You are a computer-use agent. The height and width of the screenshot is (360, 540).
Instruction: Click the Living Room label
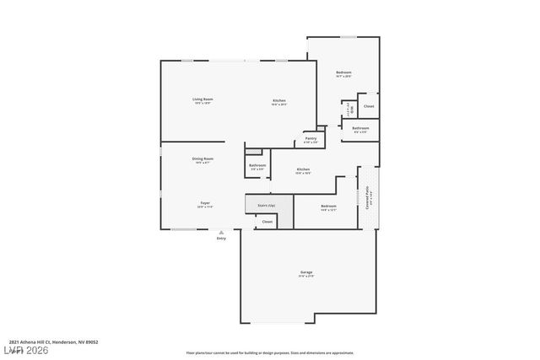click(x=202, y=99)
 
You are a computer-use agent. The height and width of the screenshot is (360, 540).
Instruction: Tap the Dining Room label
click(x=202, y=159)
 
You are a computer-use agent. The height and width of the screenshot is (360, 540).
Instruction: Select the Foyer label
click(x=204, y=203)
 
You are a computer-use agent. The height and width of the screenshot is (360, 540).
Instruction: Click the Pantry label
click(x=310, y=138)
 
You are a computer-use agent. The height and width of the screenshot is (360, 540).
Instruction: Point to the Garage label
click(x=306, y=272)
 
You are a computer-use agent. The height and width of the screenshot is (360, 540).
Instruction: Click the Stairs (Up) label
click(x=266, y=205)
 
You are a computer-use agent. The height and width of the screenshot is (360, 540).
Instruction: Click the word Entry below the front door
click(x=221, y=239)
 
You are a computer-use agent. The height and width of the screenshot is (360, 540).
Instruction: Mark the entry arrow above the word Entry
click(x=221, y=232)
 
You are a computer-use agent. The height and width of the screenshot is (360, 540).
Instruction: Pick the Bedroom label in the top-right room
click(x=343, y=73)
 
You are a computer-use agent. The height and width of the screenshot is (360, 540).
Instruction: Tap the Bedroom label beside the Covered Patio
click(x=327, y=206)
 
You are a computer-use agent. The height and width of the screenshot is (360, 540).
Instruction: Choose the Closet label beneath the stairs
click(x=267, y=222)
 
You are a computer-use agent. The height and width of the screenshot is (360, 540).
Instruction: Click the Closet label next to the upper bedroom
click(x=369, y=106)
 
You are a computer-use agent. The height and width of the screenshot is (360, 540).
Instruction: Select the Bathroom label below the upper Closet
click(x=360, y=128)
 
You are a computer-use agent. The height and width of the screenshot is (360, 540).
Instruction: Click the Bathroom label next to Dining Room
click(x=257, y=165)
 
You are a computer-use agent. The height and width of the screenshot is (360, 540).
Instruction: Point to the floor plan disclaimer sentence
click(x=269, y=352)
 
